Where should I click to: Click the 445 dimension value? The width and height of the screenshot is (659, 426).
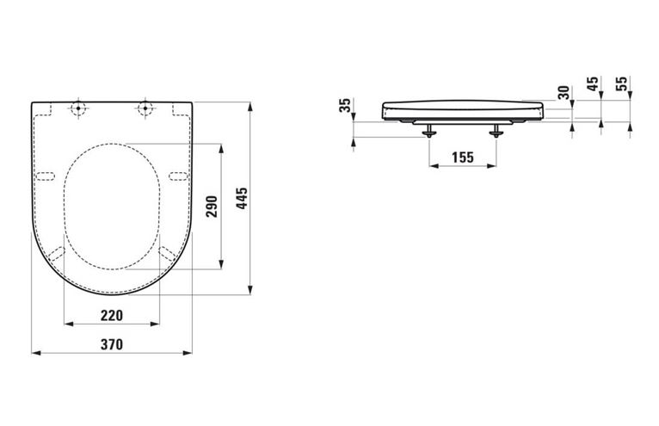point(242,198)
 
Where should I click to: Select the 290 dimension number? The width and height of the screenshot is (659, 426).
point(212,207)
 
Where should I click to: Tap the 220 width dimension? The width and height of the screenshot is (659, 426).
point(112,315)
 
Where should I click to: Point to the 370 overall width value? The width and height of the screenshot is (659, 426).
point(112,344)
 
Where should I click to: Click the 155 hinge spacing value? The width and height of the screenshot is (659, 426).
point(463,157)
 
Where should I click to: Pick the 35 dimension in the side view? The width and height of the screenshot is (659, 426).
point(345,105)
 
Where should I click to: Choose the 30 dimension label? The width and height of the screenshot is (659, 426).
point(565,93)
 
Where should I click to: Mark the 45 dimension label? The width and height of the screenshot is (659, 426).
point(593,83)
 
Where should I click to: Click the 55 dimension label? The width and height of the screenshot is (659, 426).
point(622,83)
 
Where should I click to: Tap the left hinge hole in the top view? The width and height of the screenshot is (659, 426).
point(77,108)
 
